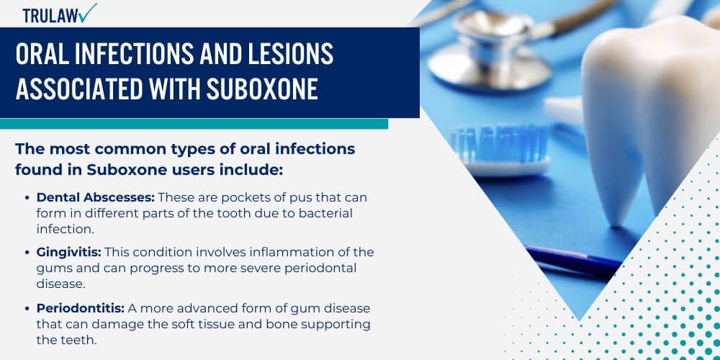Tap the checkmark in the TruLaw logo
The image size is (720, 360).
(89, 12)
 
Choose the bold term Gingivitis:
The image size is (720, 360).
(68, 251)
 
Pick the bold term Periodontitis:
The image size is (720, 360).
(78, 307)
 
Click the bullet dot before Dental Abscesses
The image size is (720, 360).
(27, 197)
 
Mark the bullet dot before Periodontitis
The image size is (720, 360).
(27, 307)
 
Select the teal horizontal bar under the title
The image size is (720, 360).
(194, 124)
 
